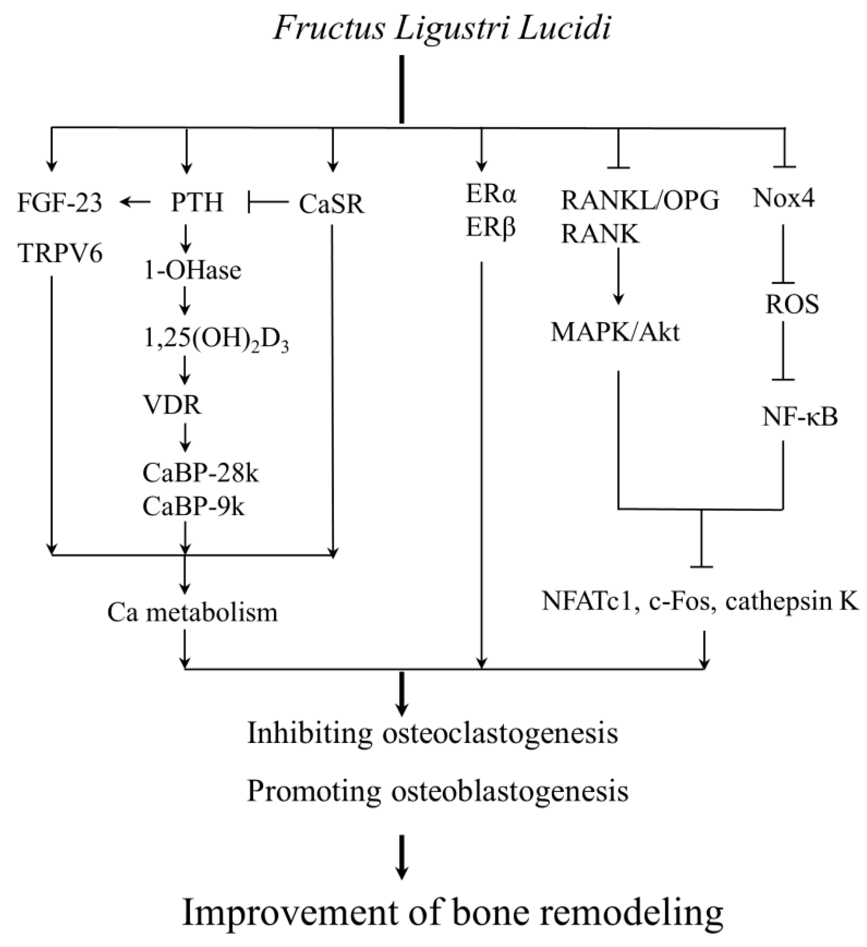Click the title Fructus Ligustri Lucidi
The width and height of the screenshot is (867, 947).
click(442, 29)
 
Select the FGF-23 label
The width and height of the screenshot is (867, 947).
click(60, 204)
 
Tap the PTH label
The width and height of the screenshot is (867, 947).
click(197, 204)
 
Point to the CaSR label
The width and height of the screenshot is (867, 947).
click(332, 205)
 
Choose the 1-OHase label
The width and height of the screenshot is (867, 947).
click(192, 271)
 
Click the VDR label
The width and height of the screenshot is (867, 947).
click(172, 405)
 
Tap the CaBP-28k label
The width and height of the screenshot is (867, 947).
click(200, 473)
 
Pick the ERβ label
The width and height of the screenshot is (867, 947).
click(490, 228)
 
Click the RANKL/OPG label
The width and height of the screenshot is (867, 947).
click(640, 201)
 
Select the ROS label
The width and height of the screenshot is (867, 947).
click(792, 305)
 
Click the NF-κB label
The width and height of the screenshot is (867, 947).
click(800, 417)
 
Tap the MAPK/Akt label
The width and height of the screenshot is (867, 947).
click(615, 332)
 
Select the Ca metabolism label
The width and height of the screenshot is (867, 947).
click(193, 613)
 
